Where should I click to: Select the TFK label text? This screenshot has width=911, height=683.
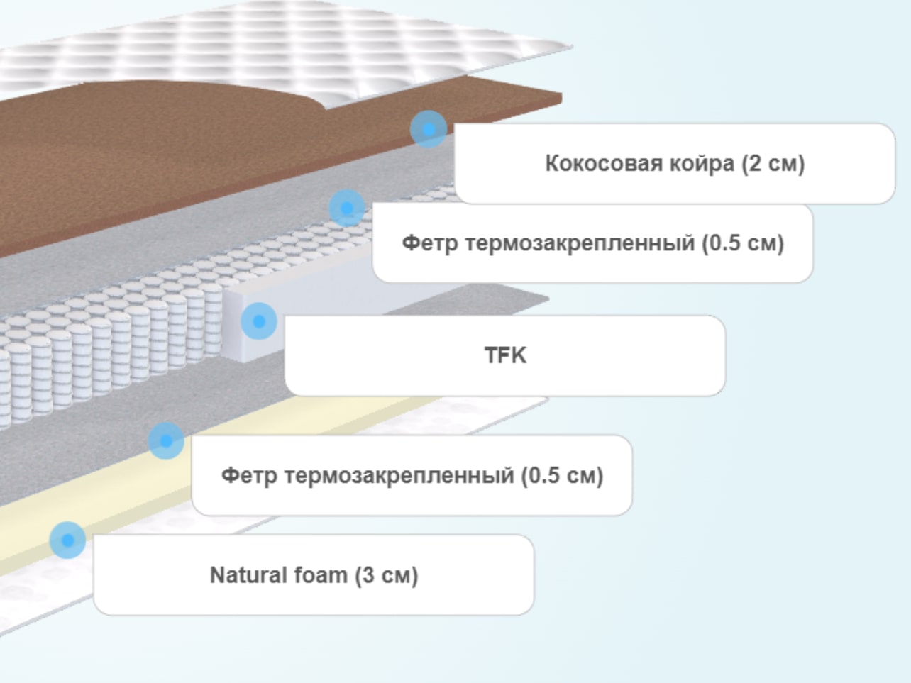tap(505, 355)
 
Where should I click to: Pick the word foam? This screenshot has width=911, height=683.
tap(321, 574)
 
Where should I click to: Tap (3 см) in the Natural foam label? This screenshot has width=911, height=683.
tap(387, 576)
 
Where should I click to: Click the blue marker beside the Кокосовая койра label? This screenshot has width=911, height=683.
tap(429, 129)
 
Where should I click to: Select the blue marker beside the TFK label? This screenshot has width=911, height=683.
tap(259, 321)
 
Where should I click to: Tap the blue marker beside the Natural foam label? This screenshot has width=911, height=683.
tap(67, 540)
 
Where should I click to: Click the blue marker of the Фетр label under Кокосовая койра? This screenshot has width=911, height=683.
tap(347, 209)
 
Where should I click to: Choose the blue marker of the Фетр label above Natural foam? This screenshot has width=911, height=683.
tap(166, 441)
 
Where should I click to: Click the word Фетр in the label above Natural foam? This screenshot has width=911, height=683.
tap(249, 476)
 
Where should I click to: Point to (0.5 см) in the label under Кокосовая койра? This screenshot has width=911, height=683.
tap(743, 243)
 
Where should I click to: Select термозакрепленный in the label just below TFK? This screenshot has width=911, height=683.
tap(399, 476)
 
